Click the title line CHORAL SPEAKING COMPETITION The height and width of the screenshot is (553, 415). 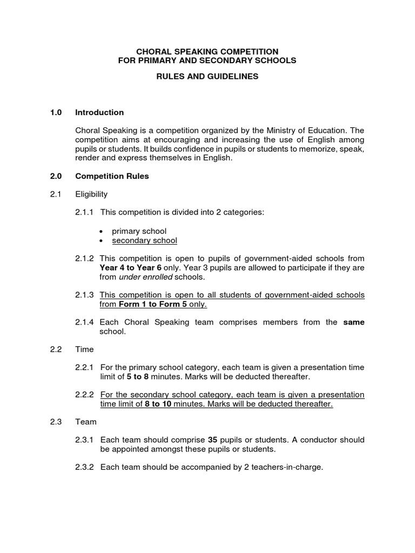click(x=207, y=51)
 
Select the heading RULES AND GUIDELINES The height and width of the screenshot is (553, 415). click(x=207, y=77)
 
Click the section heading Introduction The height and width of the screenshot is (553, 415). click(x=99, y=112)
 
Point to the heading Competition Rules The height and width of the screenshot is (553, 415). click(x=112, y=176)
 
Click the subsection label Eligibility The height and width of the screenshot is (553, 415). click(x=91, y=194)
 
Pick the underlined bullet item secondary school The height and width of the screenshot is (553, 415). click(x=144, y=240)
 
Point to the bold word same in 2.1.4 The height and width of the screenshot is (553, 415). click(x=354, y=322)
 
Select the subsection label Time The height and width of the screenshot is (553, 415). click(x=84, y=349)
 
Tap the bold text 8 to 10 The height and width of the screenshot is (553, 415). click(x=158, y=404)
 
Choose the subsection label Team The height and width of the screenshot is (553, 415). click(x=85, y=422)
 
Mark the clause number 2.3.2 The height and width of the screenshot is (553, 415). click(x=85, y=467)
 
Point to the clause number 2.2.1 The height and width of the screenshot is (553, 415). click(x=85, y=367)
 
